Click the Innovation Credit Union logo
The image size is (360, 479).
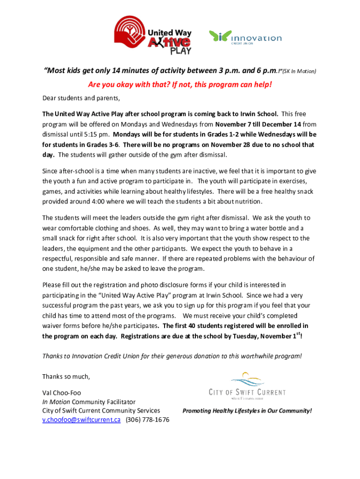245,37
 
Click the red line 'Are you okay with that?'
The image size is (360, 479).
180,85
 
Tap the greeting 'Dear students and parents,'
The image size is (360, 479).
78,98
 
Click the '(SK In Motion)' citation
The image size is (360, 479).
299,72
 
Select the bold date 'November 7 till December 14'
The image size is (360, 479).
259,124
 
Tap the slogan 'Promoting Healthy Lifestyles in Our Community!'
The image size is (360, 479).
247,411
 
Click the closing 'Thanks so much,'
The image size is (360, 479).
65,376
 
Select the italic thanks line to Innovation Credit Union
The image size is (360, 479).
172,356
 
